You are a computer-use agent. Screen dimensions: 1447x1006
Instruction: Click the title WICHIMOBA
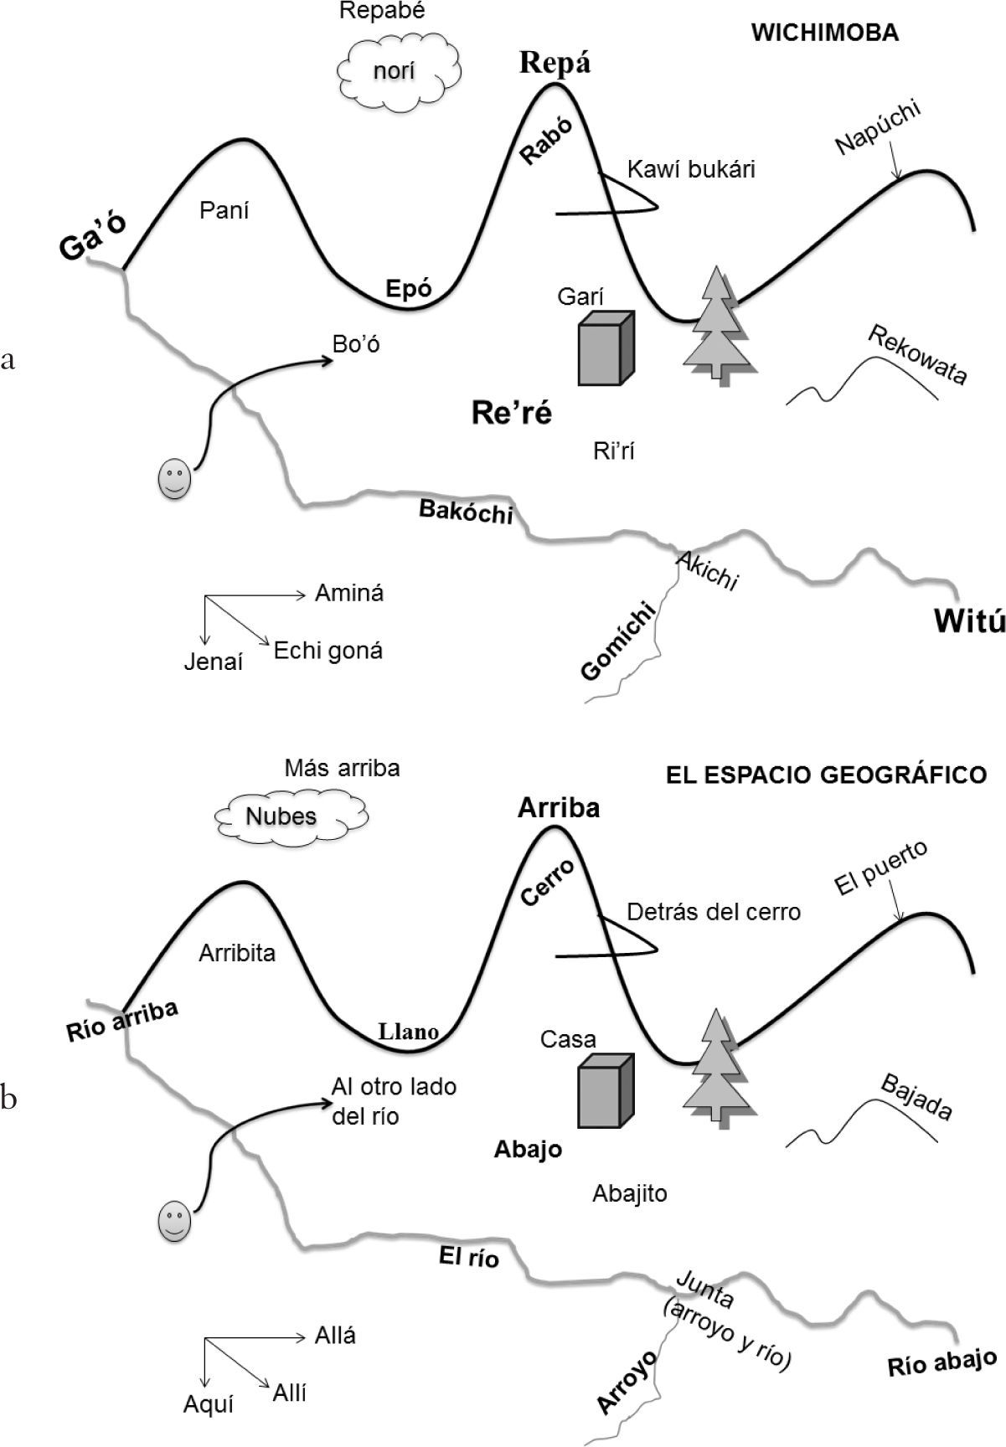(824, 33)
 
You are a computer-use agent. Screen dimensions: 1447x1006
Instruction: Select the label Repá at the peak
(555, 63)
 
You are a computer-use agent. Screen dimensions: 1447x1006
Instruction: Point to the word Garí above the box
(580, 296)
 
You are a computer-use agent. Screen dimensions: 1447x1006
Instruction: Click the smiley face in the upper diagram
(175, 480)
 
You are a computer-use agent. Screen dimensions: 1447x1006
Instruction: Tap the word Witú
(968, 621)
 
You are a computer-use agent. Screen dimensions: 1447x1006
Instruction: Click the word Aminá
(349, 593)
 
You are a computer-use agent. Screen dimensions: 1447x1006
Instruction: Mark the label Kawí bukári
(691, 169)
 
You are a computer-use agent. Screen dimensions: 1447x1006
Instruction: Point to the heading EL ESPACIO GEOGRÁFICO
(826, 775)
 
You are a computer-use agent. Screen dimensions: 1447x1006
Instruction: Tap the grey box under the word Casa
(604, 1090)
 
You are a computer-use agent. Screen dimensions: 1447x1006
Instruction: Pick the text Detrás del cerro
(713, 911)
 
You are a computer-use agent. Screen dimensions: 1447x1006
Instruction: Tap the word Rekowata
(918, 355)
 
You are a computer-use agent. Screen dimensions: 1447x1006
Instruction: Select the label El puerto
(880, 868)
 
